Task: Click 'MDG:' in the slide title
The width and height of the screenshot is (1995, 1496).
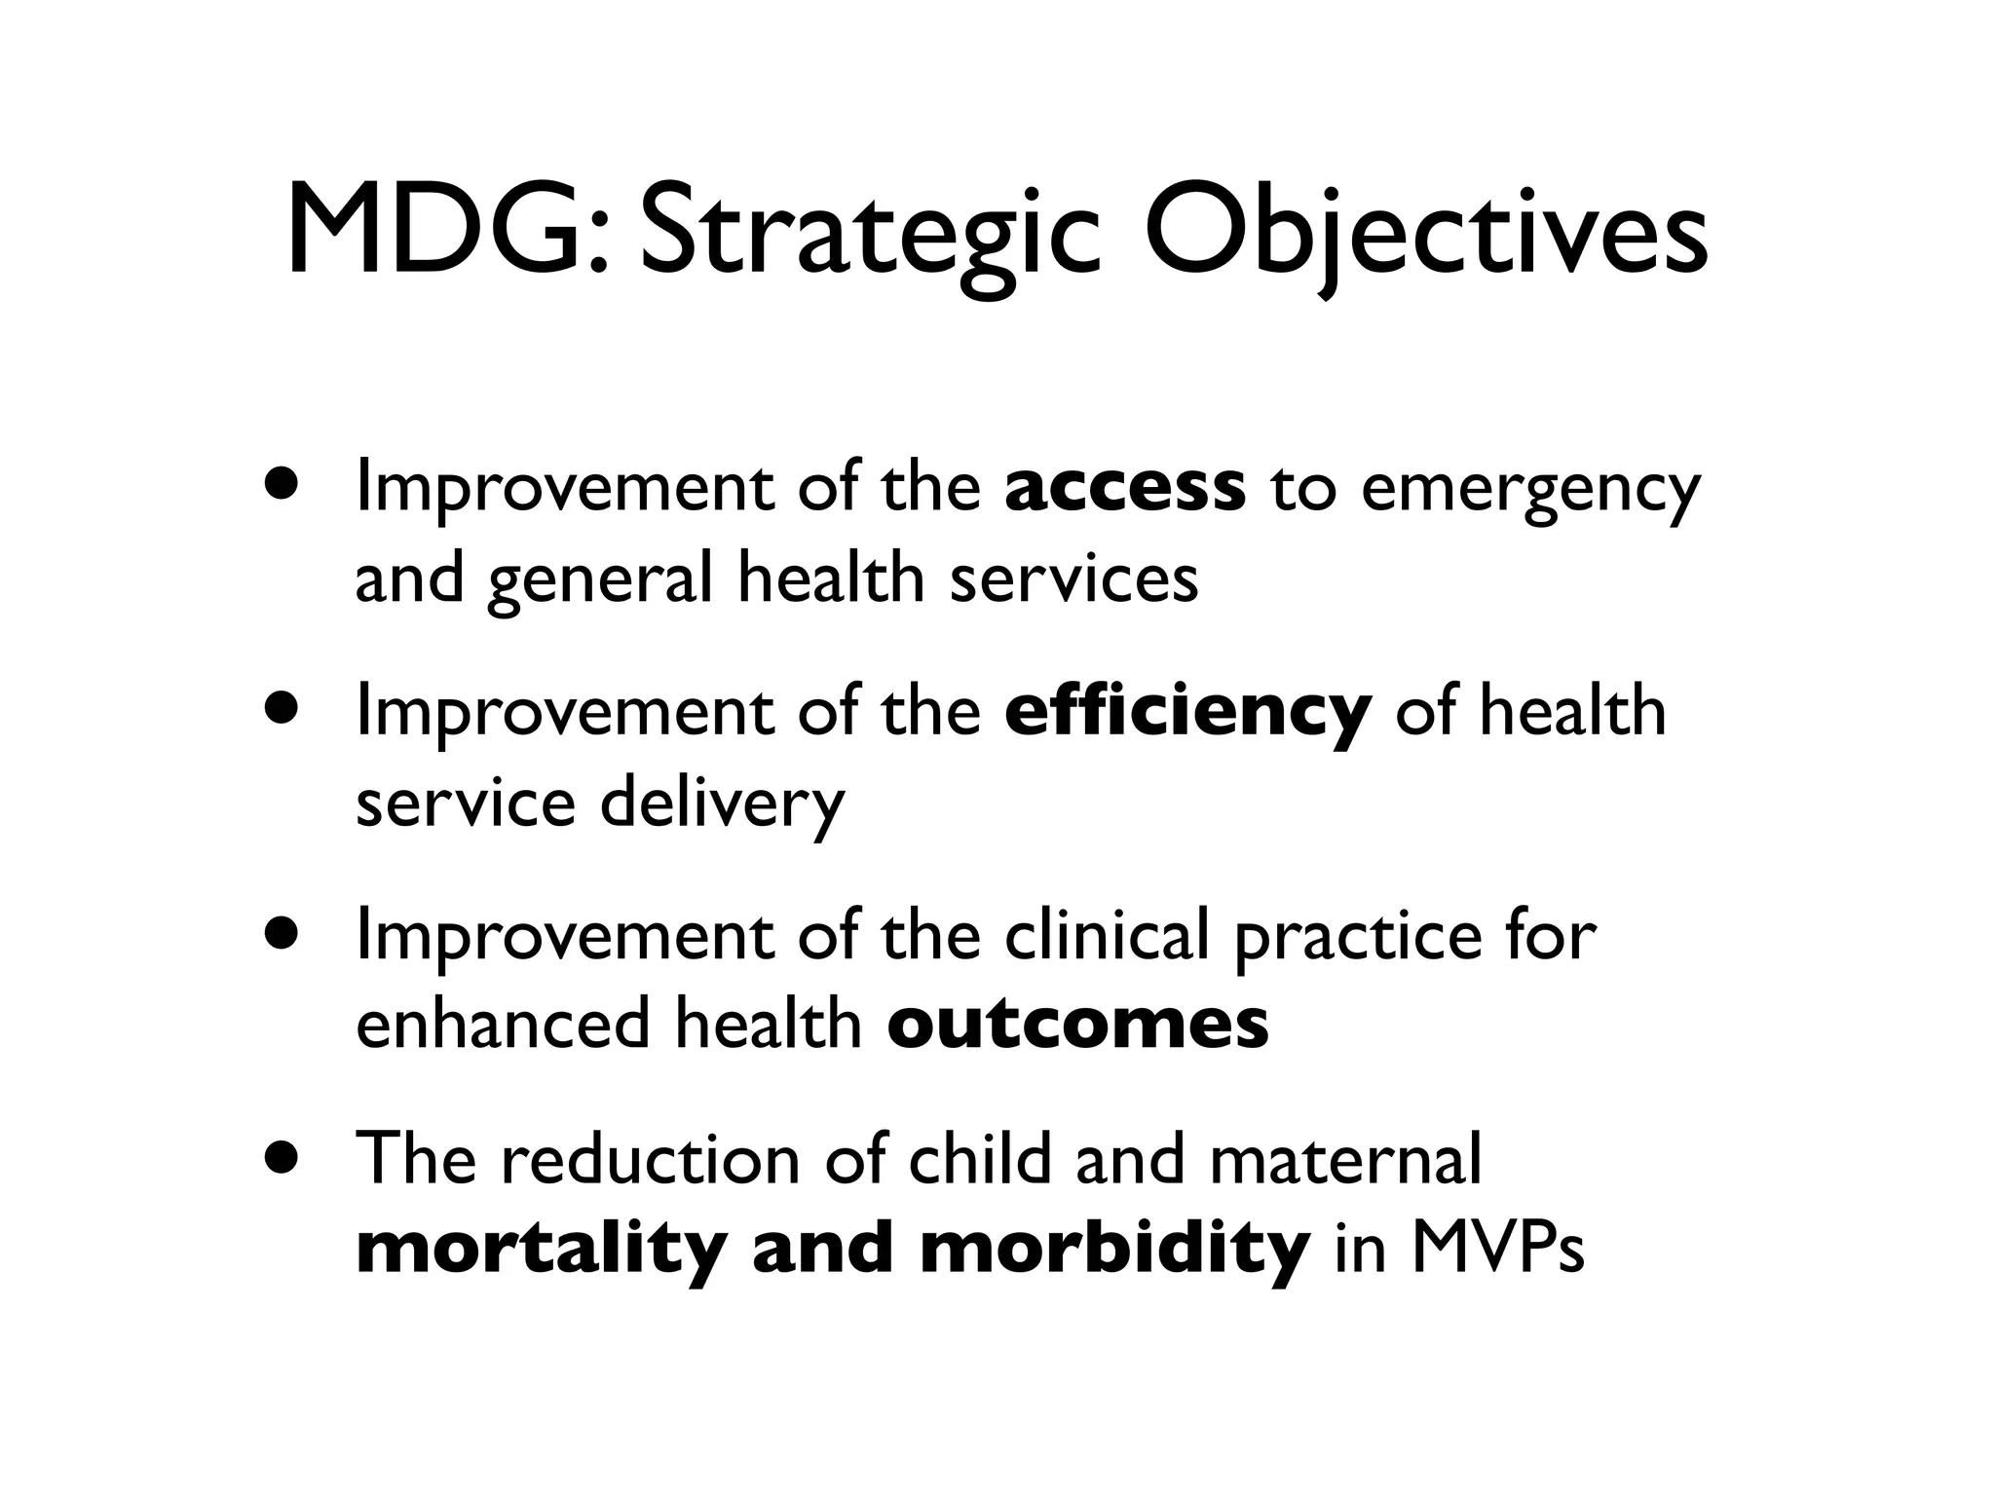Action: (449, 232)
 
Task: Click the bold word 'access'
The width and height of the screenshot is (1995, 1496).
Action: (1124, 489)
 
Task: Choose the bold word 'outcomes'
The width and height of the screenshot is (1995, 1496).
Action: (1077, 1025)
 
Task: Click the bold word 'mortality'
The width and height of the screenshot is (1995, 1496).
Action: (542, 1250)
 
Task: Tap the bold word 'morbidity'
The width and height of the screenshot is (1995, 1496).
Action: (1114, 1250)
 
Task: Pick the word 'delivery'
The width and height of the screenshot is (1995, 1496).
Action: (722, 805)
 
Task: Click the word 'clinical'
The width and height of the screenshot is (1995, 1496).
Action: (1107, 935)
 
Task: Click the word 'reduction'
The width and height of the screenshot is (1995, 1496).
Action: (649, 1159)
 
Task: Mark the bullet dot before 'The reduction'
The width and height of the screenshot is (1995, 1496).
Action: (283, 1160)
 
